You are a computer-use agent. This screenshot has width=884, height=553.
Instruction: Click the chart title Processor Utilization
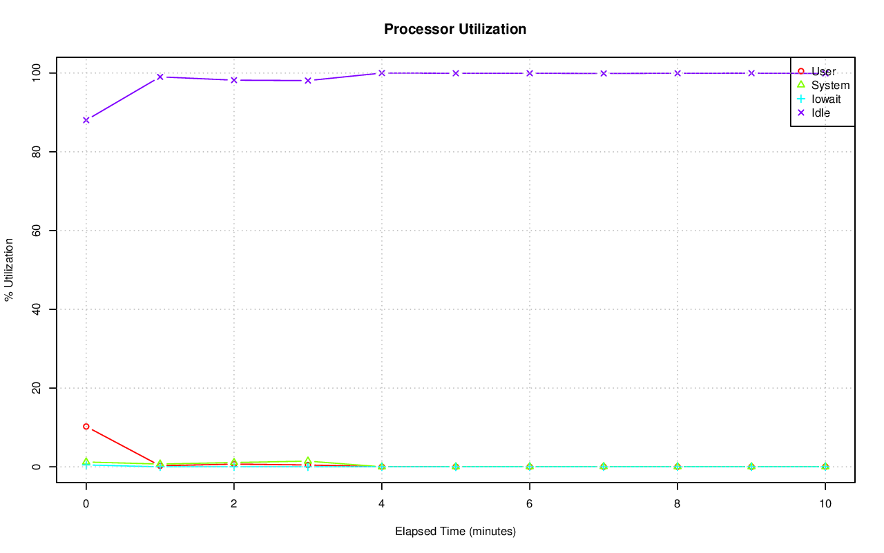coord(455,29)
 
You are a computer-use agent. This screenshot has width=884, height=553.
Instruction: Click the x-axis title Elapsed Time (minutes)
coord(455,532)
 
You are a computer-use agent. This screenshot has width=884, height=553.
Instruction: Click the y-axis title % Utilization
coord(9,269)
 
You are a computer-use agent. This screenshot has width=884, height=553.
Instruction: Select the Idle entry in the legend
coord(820,113)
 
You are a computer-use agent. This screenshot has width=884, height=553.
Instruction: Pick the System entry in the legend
coord(830,85)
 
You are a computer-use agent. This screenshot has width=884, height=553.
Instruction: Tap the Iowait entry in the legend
coord(825,99)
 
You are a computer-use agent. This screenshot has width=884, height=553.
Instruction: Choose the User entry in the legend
coord(823,71)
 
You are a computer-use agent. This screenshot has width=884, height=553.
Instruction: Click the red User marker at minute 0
coord(86,427)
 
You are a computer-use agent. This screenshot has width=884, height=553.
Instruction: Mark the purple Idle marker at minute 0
coord(86,120)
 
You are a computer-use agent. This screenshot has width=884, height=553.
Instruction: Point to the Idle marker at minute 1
coord(160,77)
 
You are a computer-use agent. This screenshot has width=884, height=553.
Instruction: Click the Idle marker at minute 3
coord(308,81)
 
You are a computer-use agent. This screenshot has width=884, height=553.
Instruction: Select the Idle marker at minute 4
coord(382,73)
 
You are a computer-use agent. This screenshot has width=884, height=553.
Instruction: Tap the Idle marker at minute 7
coord(604,73)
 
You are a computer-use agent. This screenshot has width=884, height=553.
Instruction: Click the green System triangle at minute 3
coord(308,460)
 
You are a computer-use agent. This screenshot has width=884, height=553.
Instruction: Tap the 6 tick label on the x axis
coord(530,504)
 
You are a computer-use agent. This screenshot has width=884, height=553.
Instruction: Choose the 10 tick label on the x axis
coord(825,504)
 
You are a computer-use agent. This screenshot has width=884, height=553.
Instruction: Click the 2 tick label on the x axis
coord(234,504)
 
